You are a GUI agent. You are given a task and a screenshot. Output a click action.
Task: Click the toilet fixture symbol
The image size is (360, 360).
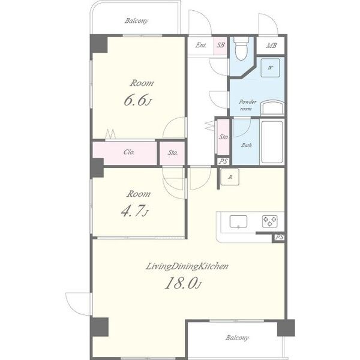tap(241, 48)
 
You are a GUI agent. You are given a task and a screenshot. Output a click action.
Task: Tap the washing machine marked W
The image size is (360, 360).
tap(270, 68)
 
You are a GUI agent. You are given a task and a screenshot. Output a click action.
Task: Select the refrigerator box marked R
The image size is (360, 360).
tap(230, 177)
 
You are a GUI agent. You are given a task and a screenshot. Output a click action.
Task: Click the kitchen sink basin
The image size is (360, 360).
tap(238, 221)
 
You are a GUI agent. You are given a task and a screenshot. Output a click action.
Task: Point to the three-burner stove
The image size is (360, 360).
tap(270, 221)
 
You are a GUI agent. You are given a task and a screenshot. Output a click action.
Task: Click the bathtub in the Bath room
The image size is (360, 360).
tap(272, 142)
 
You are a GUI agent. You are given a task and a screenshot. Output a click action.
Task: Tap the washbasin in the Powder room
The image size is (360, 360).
tap(272, 107)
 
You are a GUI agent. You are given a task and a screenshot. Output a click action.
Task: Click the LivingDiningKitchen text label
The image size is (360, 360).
tap(187, 266)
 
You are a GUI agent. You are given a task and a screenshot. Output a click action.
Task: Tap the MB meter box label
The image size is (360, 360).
tap(271, 46)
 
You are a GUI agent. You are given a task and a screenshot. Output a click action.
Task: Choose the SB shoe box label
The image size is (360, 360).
tap(220, 45)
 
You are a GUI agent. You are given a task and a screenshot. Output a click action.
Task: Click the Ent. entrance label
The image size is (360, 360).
tap(200, 45)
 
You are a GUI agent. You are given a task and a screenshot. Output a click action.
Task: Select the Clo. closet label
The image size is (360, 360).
tap(129, 152)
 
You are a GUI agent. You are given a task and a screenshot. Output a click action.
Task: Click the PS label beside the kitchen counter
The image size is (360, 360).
tap(279, 237)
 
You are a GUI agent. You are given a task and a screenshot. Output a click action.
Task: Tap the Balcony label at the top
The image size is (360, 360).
tap(136, 21)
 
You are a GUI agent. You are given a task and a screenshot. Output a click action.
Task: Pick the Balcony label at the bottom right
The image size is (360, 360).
tap(237, 338)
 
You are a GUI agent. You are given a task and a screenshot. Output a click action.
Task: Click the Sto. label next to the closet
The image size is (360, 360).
tap(173, 152)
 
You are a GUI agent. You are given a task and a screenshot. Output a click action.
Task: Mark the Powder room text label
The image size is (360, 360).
tap(247, 105)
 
